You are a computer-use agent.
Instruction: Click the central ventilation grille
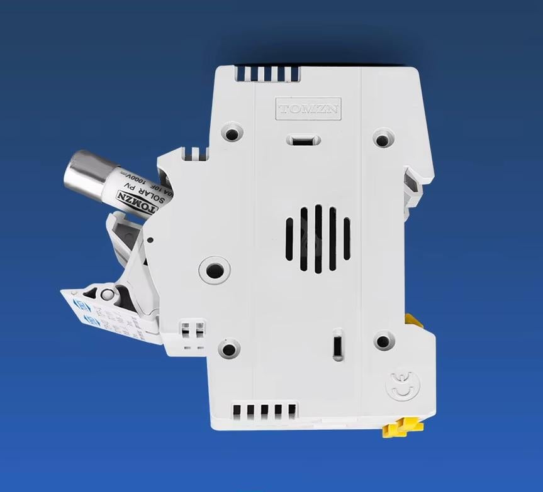(x=318, y=239)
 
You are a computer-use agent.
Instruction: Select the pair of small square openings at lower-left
(x=193, y=330)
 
